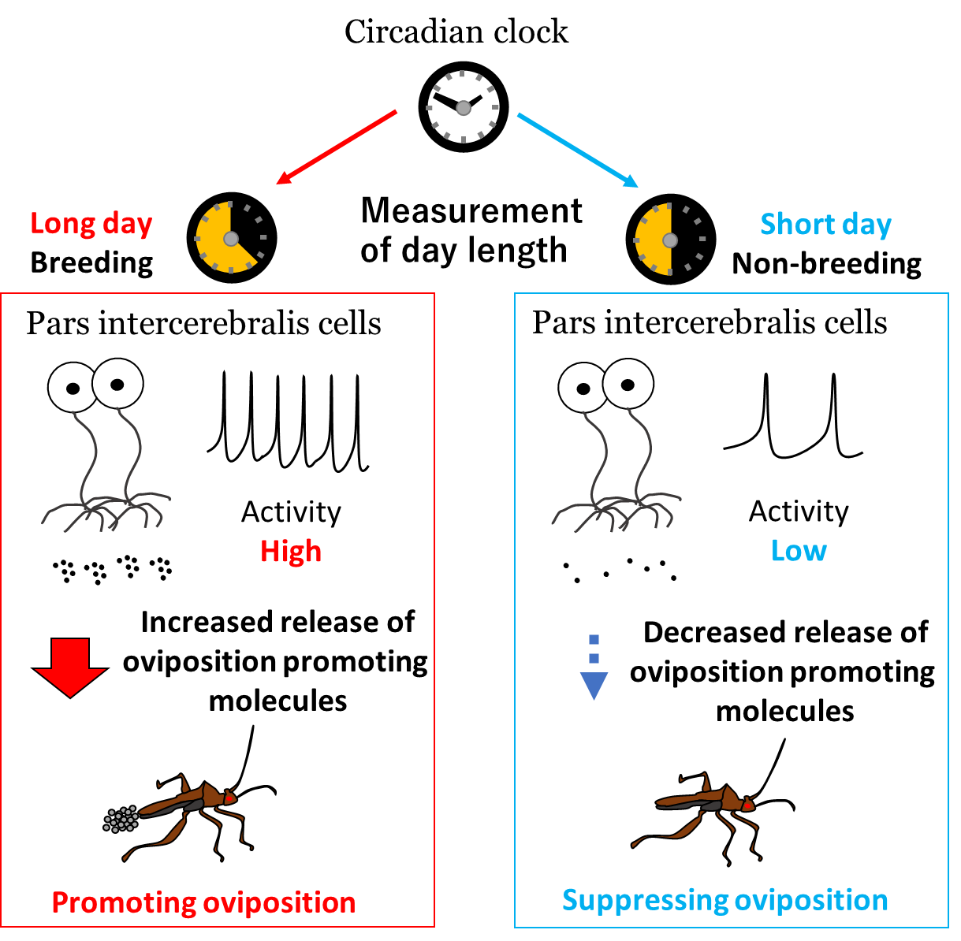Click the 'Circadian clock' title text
[456, 32]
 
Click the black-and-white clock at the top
[463, 107]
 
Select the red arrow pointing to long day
[337, 147]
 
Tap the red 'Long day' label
[91, 224]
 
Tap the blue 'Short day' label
[825, 225]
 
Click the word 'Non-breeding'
[826, 263]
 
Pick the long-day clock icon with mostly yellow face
[231, 237]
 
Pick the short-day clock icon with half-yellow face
[670, 239]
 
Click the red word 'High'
[291, 551]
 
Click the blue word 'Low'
[799, 550]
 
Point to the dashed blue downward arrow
[594, 668]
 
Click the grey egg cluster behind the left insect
[120, 820]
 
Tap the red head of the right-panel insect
[747, 805]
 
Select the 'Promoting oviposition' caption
[203, 902]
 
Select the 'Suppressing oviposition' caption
[724, 900]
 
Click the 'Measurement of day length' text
[471, 230]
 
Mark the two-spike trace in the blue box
[793, 418]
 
